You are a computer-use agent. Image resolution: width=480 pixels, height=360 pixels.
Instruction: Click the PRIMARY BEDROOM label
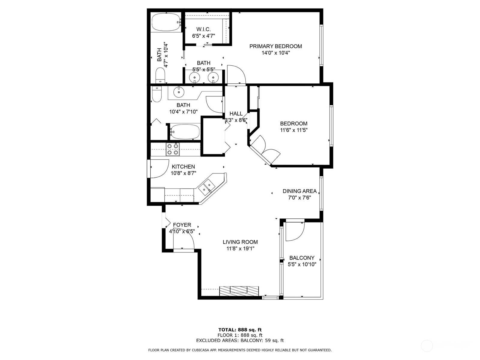(275, 46)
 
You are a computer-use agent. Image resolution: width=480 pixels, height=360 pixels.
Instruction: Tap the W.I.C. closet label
(203, 29)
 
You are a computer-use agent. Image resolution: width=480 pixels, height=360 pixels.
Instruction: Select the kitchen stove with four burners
(172, 149)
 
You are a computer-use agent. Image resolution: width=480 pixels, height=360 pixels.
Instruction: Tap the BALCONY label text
(302, 258)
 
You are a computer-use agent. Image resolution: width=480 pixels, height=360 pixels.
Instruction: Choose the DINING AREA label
(300, 191)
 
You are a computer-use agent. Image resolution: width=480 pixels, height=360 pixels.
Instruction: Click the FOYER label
(182, 225)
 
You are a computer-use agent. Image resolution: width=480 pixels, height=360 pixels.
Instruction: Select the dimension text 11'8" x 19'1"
(240, 248)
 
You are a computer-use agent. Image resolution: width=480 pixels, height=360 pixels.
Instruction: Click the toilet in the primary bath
(160, 75)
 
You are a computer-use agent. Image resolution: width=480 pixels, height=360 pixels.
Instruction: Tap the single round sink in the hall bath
(179, 92)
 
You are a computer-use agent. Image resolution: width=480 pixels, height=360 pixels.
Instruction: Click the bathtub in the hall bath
(185, 132)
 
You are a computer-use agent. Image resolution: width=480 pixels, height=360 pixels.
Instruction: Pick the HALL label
(236, 114)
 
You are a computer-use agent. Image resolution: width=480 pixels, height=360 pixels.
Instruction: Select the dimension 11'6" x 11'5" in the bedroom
(294, 130)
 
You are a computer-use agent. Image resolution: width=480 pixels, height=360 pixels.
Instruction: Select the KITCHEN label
(183, 166)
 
